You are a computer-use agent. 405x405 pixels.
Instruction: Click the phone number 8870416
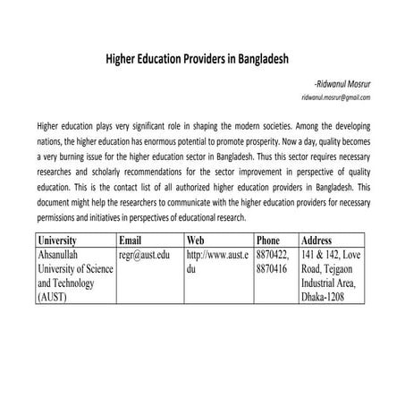(273, 270)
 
